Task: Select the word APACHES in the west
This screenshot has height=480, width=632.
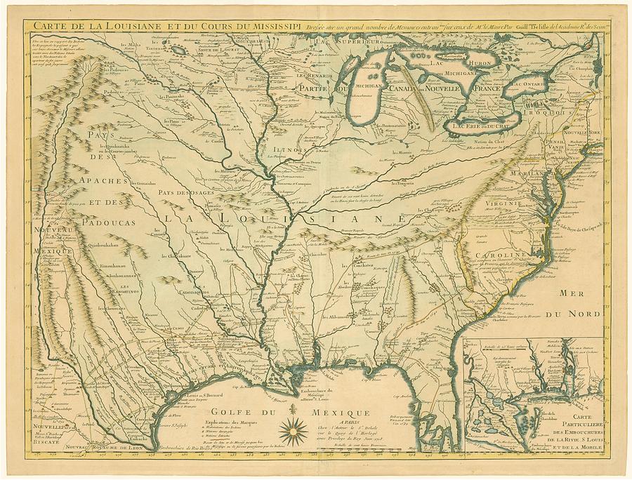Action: (103, 181)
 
